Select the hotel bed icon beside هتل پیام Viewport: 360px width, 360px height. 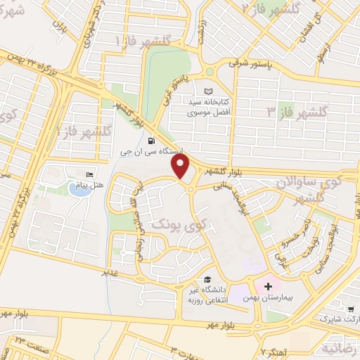tap(89, 174)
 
